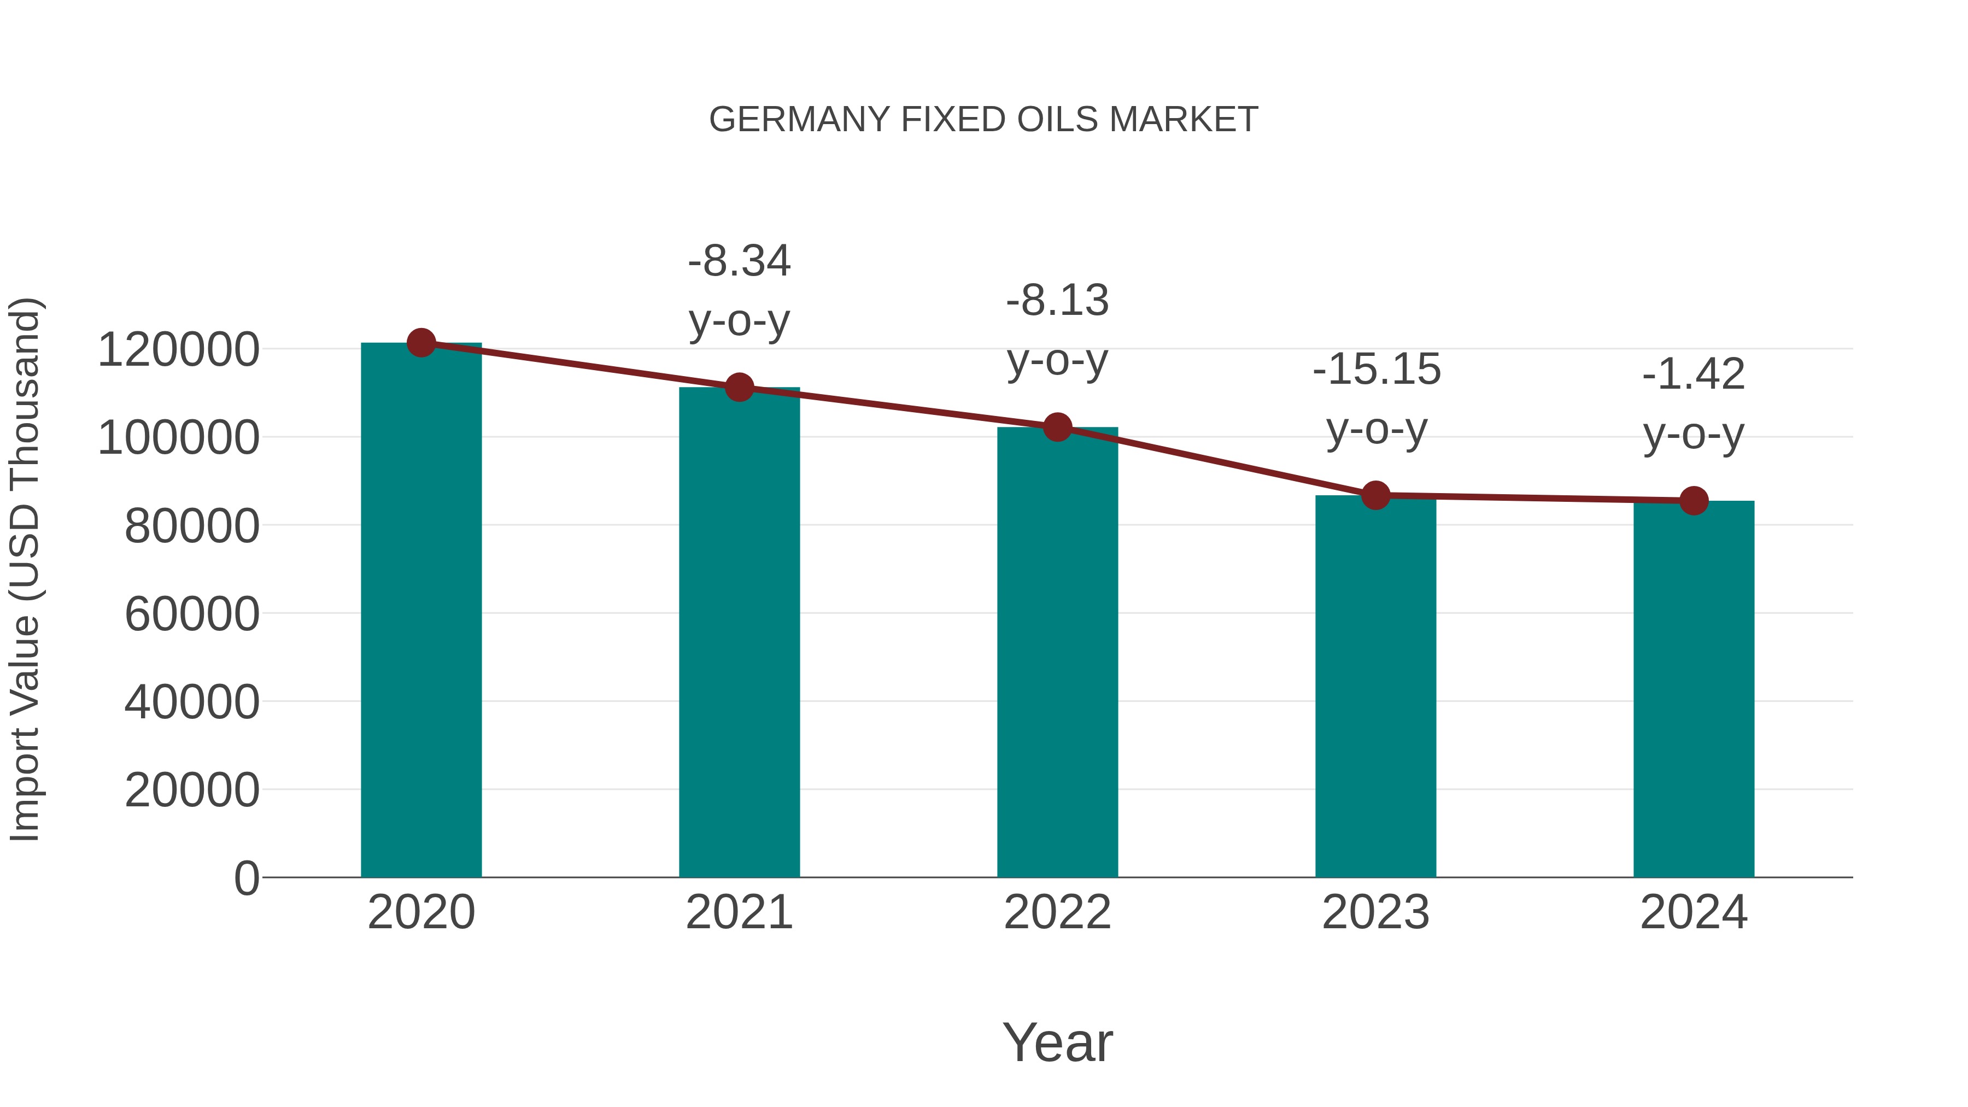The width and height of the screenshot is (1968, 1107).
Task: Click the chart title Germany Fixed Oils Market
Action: coord(983,120)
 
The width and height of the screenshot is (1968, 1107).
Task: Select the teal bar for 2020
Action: coord(421,611)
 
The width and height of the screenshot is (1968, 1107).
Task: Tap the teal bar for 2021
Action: coord(739,634)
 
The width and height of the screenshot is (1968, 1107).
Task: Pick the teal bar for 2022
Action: coord(1057,653)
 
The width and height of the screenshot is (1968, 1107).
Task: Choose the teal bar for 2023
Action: coord(1375,688)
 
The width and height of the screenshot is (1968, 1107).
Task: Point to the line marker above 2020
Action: coord(421,343)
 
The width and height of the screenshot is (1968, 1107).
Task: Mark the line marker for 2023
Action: coord(1375,495)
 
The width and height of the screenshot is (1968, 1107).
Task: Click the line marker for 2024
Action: coord(1694,500)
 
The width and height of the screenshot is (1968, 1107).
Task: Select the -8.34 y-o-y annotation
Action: coord(739,291)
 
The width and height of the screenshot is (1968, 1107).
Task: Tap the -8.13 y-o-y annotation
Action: coord(1057,330)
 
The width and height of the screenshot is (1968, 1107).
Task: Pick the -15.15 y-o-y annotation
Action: coord(1377,399)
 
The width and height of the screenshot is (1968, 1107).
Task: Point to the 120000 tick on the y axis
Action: coord(179,350)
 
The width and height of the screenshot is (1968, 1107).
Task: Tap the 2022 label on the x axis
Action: coord(1057,912)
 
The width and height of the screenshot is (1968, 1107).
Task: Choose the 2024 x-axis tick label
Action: coord(1694,912)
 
